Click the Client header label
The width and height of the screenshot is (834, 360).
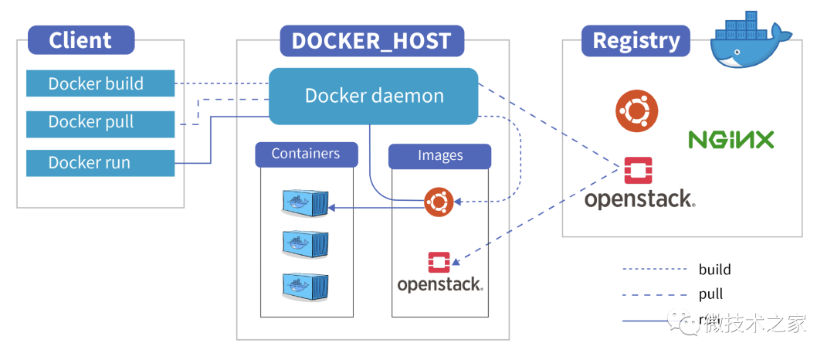[80, 40]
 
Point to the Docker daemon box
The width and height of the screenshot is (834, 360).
[374, 97]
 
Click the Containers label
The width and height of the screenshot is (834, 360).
[306, 154]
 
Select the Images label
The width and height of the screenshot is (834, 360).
[439, 156]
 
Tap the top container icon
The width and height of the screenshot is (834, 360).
[304, 202]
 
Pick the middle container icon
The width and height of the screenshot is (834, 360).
[304, 244]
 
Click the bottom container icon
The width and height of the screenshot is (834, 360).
[304, 287]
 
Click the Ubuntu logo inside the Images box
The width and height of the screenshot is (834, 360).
[438, 202]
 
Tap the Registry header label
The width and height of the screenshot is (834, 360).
[636, 40]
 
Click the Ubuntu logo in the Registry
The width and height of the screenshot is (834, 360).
[636, 110]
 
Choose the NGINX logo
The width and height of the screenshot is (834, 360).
[731, 140]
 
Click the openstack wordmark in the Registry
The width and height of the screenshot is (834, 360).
[639, 199]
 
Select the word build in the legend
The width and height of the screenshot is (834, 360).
[714, 270]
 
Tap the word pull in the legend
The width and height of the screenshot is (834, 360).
[710, 294]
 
